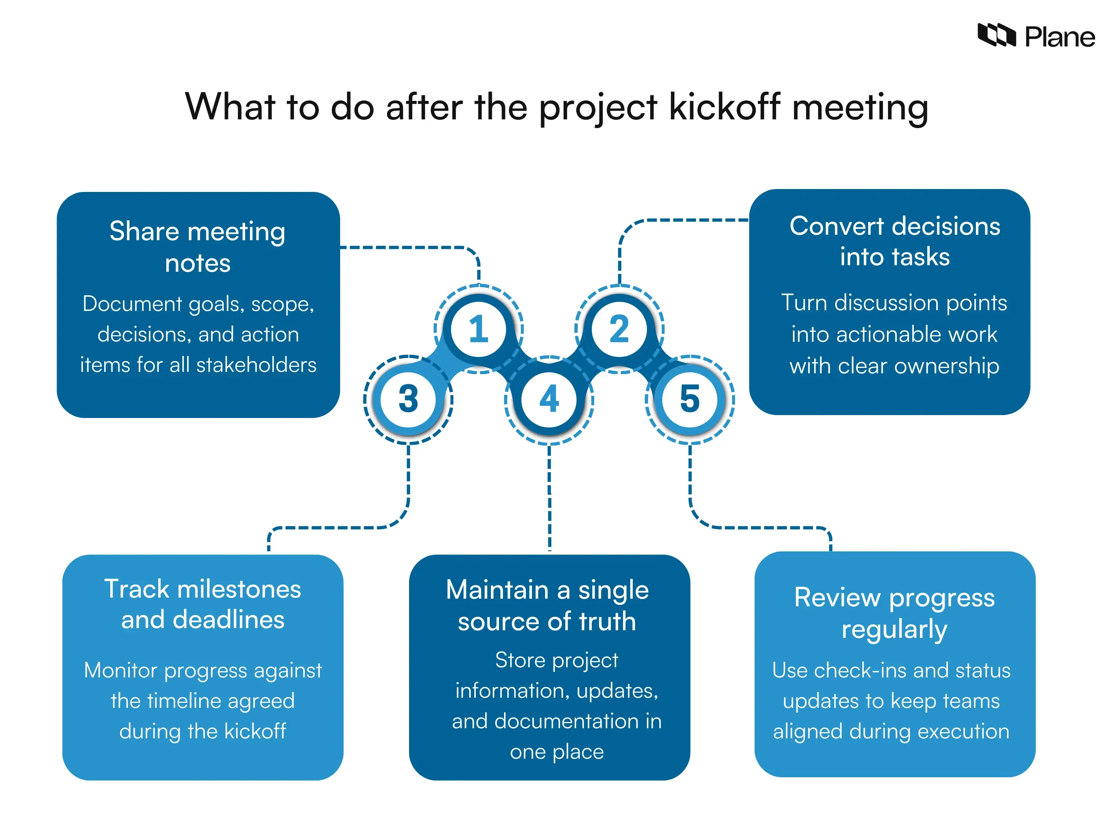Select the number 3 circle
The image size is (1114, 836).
tap(408, 399)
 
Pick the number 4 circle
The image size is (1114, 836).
tap(549, 399)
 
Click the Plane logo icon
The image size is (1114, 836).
tap(996, 35)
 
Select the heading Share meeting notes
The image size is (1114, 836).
tap(197, 247)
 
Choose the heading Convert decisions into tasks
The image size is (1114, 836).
tap(894, 241)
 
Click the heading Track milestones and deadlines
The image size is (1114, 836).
tap(202, 604)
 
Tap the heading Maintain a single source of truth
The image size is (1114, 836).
tap(548, 605)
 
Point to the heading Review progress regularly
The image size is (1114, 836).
tap(894, 613)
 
